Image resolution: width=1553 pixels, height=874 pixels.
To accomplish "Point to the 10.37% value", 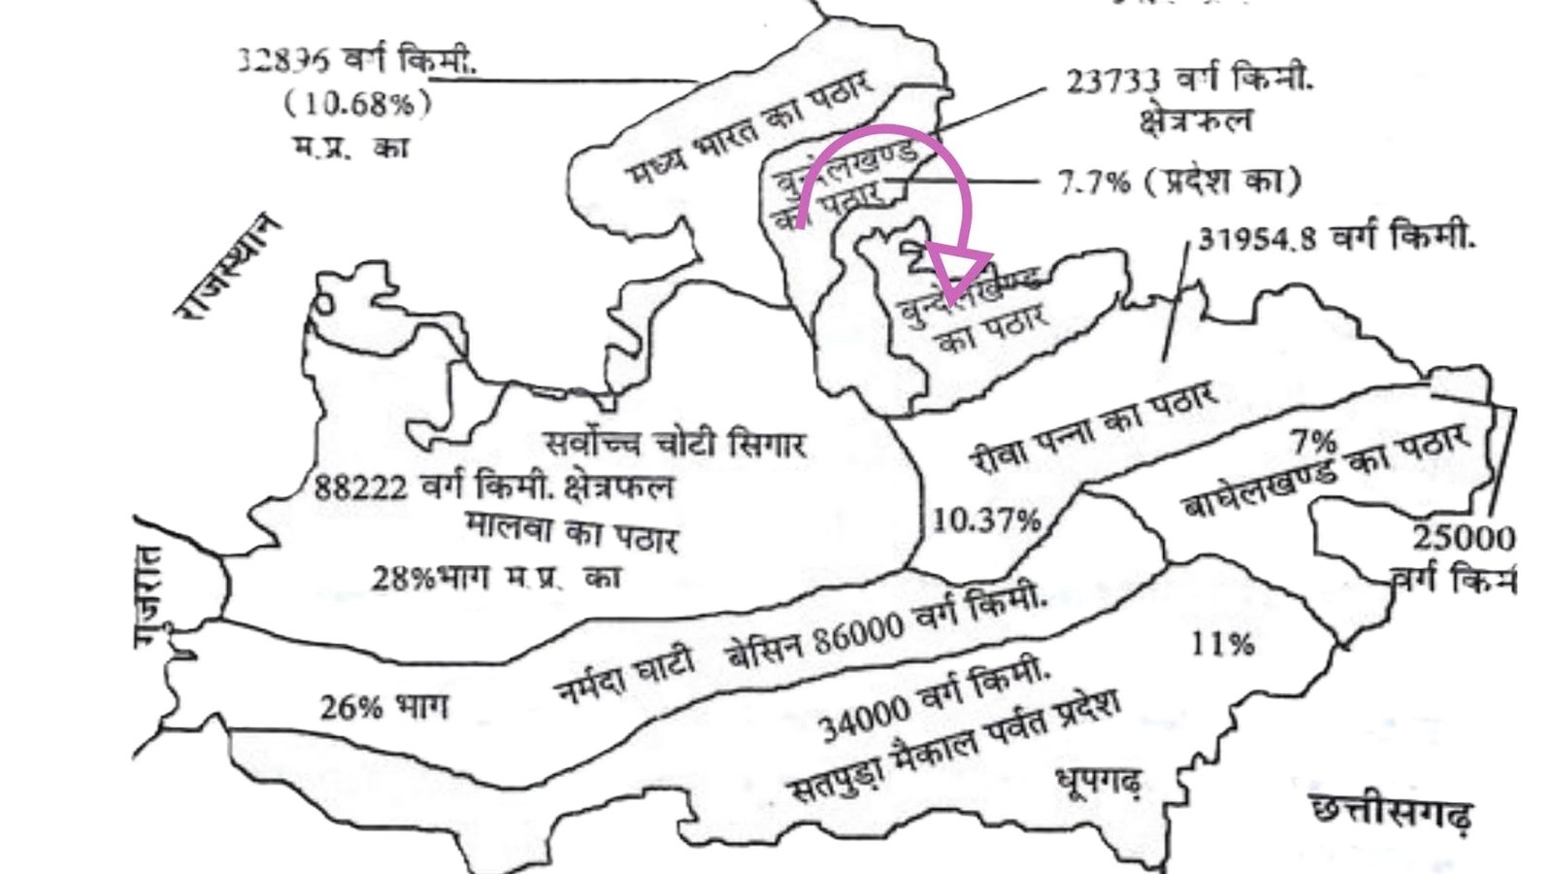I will [985, 521].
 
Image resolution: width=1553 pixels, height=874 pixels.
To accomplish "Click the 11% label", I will [1222, 644].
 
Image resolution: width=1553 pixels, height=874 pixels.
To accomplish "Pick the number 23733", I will [1113, 82].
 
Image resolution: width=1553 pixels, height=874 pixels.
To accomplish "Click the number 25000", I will [1462, 538].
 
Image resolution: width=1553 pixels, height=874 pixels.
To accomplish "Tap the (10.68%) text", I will [357, 104].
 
